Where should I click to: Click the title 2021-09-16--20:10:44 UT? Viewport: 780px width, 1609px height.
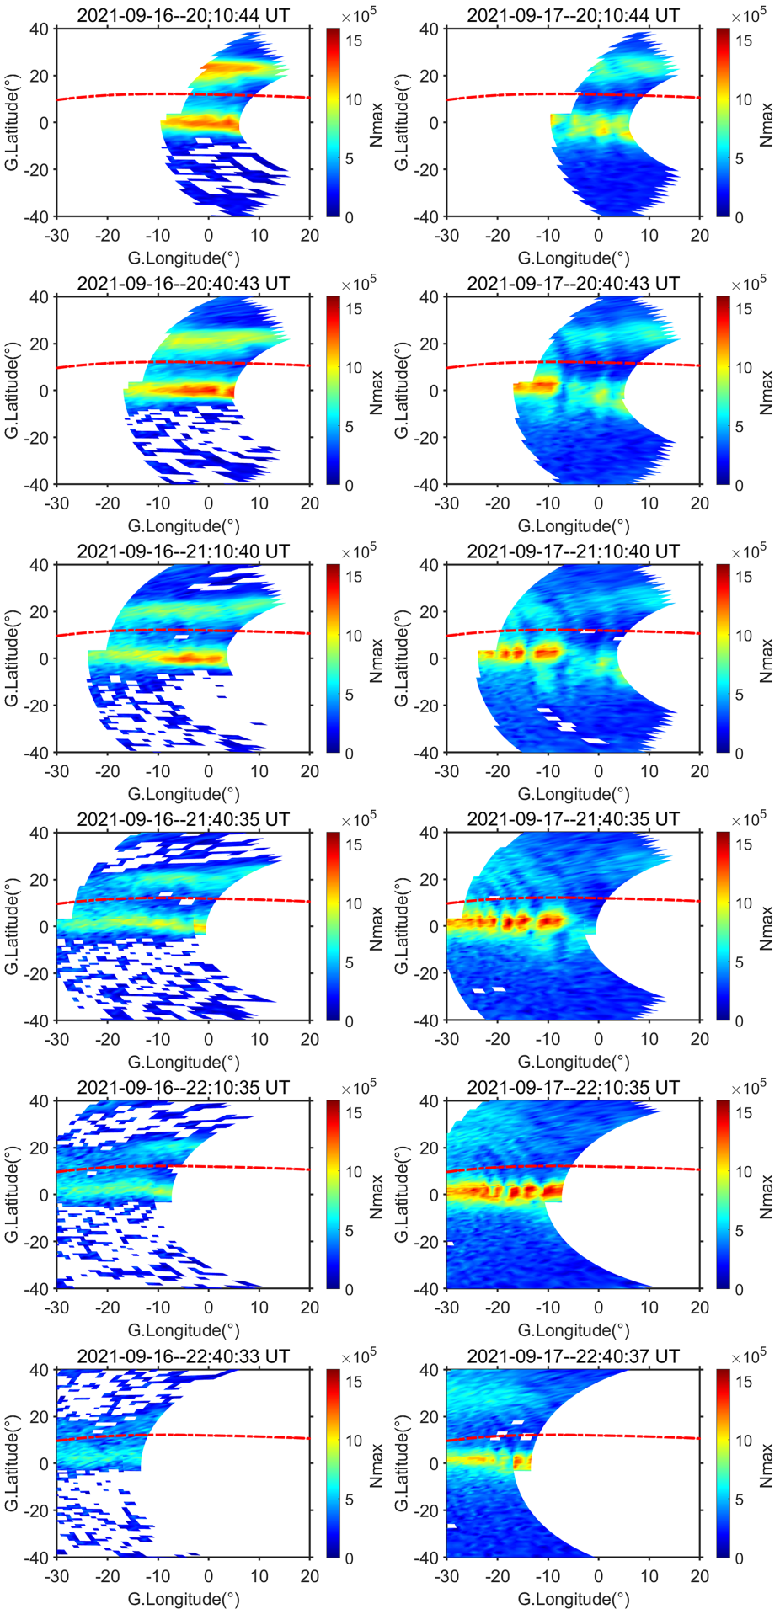[183, 14]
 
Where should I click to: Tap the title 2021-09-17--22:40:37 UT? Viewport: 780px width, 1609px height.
[573, 1356]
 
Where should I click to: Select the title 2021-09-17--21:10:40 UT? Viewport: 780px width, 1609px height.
[573, 551]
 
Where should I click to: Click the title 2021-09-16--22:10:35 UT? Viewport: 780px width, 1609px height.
[183, 1087]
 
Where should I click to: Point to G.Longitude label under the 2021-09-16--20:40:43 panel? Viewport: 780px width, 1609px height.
[183, 526]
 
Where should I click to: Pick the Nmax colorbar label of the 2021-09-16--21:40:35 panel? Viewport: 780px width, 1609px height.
[376, 926]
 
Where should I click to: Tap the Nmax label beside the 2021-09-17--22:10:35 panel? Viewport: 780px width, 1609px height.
[766, 1195]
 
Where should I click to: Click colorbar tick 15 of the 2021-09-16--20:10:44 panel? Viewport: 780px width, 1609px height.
[351, 40]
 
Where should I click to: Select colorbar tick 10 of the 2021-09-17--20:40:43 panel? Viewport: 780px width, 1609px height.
[741, 367]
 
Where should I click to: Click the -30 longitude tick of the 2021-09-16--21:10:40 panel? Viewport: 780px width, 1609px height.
[56, 770]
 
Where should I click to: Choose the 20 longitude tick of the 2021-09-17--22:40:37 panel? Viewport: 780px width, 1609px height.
[700, 1575]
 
